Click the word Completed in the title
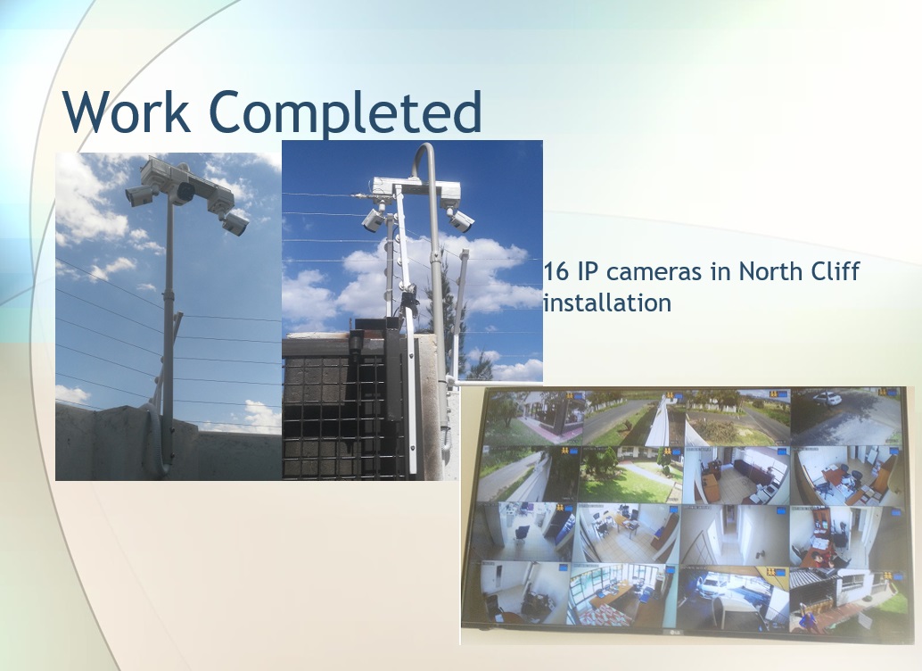click(345, 113)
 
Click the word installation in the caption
click(607, 302)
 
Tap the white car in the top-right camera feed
click(827, 399)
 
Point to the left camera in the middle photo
click(374, 220)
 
